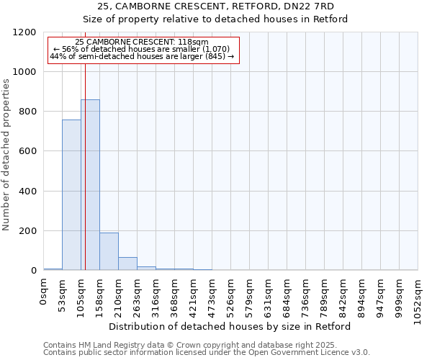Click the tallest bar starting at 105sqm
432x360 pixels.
[x=90, y=185]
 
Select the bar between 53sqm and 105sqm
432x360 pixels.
[x=71, y=195]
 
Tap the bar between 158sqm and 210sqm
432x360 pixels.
[x=109, y=251]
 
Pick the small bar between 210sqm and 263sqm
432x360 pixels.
[x=127, y=264]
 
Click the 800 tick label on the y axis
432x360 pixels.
[x=27, y=112]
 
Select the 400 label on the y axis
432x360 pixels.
[x=27, y=192]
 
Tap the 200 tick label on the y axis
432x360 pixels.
[x=27, y=231]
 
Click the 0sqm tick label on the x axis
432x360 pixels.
[x=44, y=293]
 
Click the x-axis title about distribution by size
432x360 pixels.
[x=230, y=327]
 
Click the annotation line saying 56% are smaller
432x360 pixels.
[x=141, y=49]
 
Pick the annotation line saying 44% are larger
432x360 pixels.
[x=142, y=56]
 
